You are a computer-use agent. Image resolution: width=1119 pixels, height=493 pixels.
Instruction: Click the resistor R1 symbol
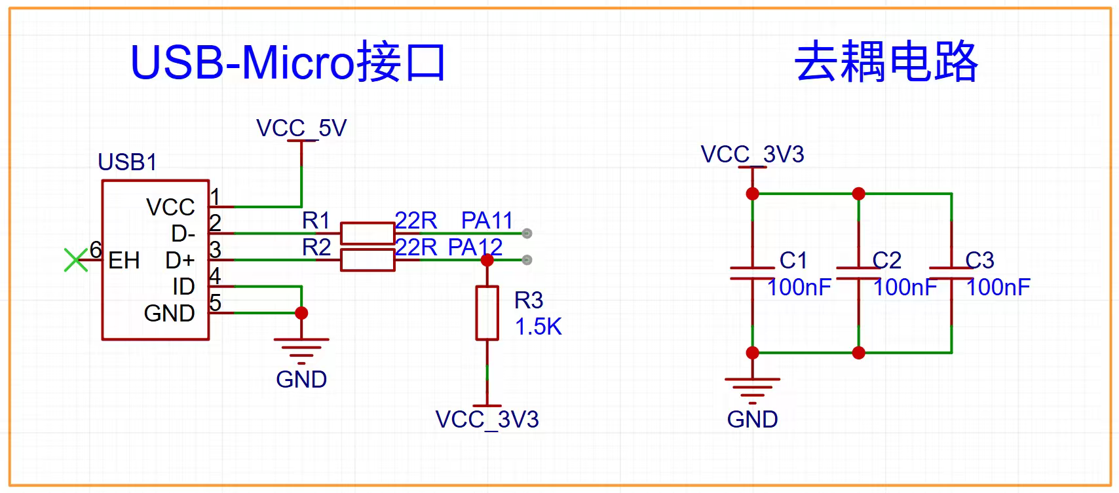tap(368, 233)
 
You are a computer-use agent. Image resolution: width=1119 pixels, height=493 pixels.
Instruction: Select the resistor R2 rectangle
tap(368, 260)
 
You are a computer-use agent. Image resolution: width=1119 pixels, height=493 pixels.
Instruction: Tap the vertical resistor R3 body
tap(487, 313)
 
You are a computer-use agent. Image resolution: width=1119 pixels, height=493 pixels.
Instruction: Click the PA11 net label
tap(487, 220)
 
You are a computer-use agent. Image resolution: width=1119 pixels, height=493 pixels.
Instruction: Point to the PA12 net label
tap(475, 247)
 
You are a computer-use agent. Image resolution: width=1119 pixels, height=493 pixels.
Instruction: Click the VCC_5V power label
tap(301, 128)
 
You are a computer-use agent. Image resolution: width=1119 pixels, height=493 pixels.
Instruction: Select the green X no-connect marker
tap(76, 260)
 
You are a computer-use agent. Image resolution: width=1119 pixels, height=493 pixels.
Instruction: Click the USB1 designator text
tap(127, 162)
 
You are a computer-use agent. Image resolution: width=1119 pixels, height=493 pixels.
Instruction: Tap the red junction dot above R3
tap(487, 260)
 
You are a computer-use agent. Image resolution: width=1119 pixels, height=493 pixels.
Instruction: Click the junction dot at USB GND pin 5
tap(301, 313)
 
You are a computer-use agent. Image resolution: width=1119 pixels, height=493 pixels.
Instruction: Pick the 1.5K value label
tap(538, 327)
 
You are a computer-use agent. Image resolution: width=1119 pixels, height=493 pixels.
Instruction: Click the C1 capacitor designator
tap(793, 261)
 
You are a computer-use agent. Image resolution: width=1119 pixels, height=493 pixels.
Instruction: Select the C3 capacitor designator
tap(979, 261)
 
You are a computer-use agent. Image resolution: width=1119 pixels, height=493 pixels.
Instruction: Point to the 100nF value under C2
tap(905, 287)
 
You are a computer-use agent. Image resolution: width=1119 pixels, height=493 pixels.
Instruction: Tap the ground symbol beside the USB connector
tap(301, 352)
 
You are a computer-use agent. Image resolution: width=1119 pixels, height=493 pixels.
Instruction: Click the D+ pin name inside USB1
tap(180, 261)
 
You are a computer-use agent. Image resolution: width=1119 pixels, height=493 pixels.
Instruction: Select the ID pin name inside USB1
tap(183, 287)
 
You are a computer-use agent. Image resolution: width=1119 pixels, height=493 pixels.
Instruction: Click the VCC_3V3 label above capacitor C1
tap(752, 155)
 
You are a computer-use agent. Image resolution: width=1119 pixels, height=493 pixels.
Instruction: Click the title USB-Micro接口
tap(288, 62)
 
